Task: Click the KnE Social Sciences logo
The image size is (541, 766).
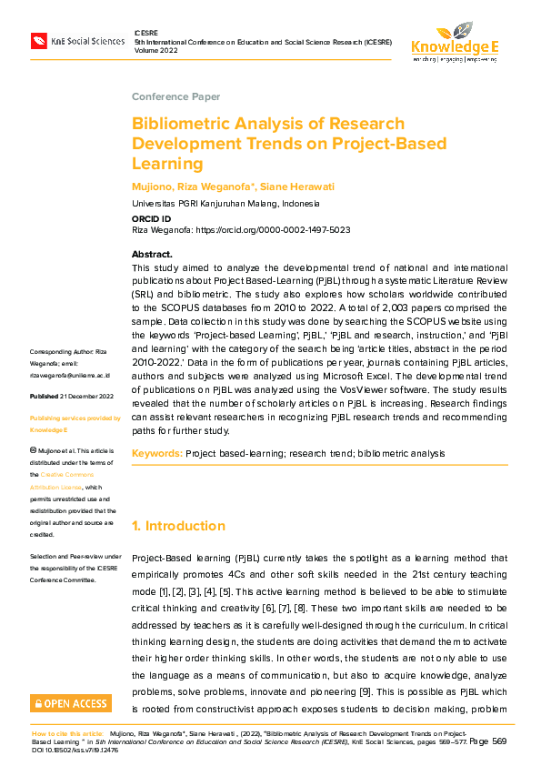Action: tap(77, 40)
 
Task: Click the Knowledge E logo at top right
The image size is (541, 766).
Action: tap(455, 42)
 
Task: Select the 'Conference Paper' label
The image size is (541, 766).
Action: tap(175, 96)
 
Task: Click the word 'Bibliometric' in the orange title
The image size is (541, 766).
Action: tap(181, 124)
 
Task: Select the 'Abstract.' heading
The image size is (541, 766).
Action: tap(152, 254)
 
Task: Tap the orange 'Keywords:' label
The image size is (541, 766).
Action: tap(156, 452)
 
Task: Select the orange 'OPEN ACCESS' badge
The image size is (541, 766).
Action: tap(71, 703)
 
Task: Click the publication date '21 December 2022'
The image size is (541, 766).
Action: tap(87, 397)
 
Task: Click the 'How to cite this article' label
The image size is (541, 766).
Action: tap(67, 733)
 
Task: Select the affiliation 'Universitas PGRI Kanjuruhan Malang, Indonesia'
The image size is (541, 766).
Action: tap(225, 204)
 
